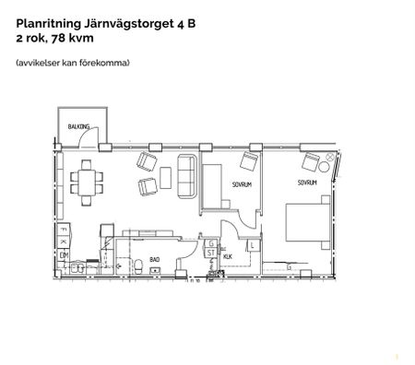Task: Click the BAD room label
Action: [x=154, y=259]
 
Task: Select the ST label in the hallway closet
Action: [x=210, y=251]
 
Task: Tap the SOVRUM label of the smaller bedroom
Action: [x=231, y=184]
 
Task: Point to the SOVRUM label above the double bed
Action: [x=307, y=182]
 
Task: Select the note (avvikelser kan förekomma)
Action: [x=72, y=63]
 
